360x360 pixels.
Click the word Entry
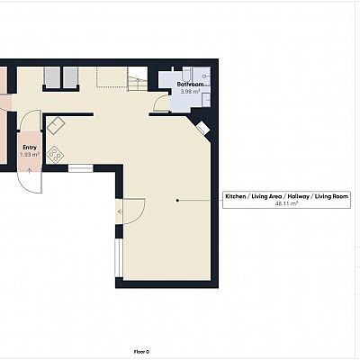click(30, 148)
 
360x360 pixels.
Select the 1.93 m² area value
click(30, 155)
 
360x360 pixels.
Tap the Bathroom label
click(190, 85)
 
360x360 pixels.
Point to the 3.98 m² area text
click(190, 91)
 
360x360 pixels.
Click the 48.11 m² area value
click(286, 203)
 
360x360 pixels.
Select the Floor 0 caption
click(141, 352)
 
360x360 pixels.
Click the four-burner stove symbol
click(55, 155)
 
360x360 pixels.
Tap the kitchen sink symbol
click(56, 126)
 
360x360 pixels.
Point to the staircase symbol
click(138, 79)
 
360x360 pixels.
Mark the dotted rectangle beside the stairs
click(112, 76)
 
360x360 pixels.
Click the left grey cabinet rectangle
click(52, 77)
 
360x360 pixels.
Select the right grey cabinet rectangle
click(70, 77)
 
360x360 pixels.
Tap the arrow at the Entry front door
click(30, 171)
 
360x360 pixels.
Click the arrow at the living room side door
click(120, 211)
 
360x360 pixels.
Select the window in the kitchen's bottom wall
click(80, 168)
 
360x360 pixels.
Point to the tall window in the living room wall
click(119, 258)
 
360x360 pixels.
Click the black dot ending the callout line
click(177, 200)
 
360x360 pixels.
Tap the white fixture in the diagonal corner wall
click(202, 128)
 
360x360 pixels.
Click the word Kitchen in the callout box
click(236, 196)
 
